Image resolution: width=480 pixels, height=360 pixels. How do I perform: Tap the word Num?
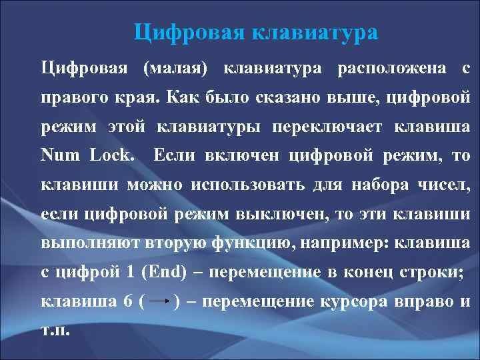(61, 156)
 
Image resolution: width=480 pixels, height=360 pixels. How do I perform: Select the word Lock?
(114, 156)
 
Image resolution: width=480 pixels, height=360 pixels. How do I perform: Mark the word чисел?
(451, 185)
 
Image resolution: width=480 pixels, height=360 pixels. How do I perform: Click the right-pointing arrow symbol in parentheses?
(159, 301)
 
